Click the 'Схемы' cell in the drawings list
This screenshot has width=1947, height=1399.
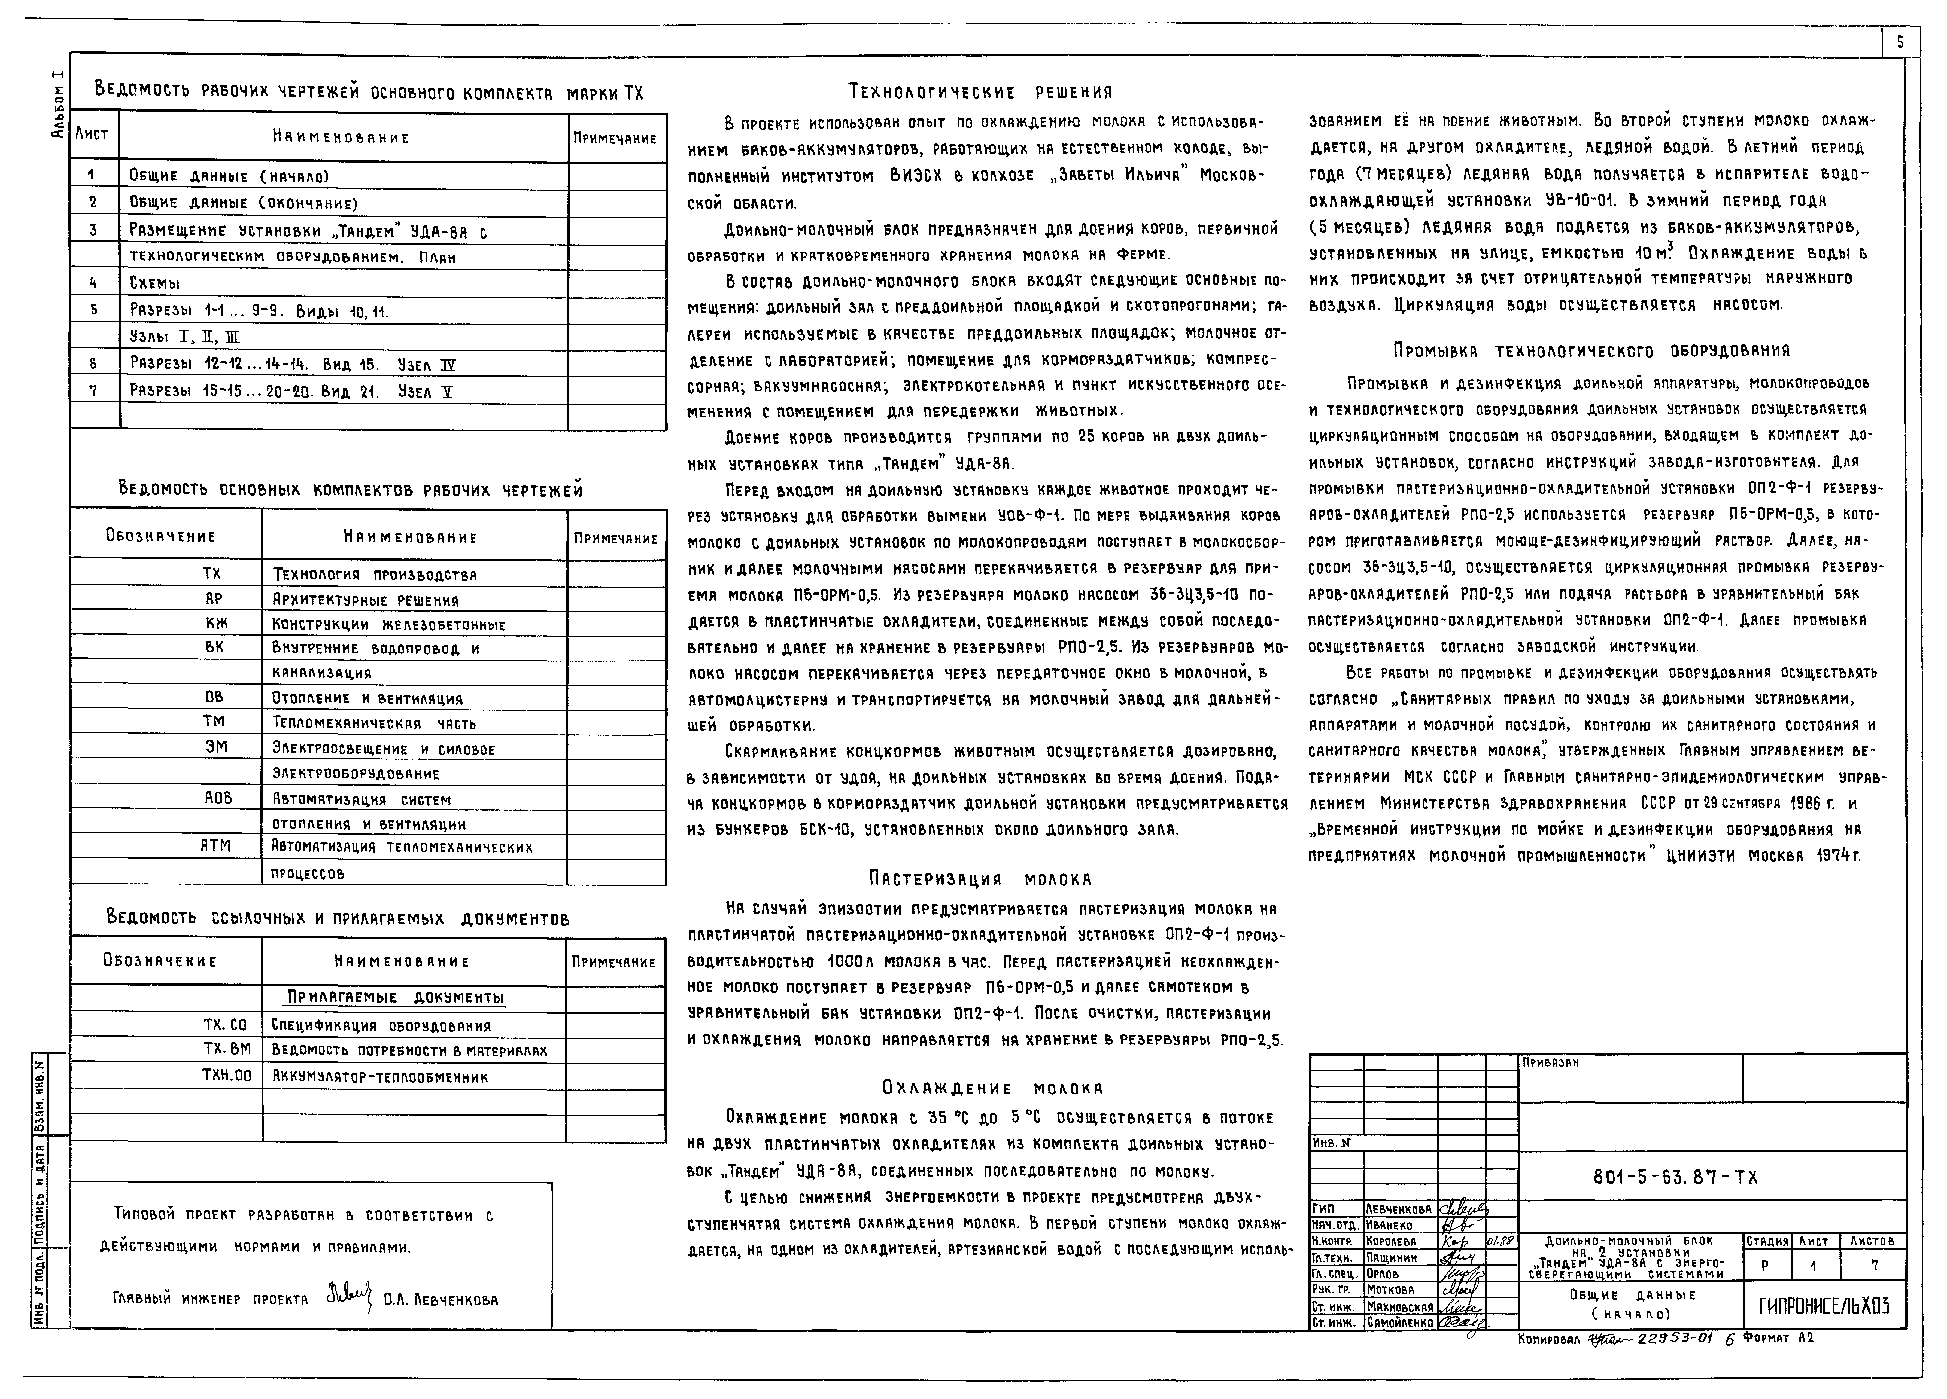(154, 283)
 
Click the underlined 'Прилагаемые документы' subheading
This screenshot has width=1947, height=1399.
(395, 997)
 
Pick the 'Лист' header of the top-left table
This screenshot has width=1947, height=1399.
(93, 135)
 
